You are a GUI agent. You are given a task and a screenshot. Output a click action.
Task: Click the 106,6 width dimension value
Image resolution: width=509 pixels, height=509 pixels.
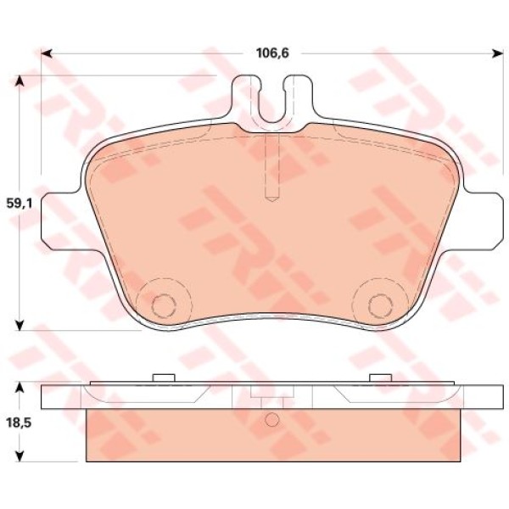tap(272, 53)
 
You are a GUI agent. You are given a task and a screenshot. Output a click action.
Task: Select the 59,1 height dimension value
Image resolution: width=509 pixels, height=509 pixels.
tap(20, 204)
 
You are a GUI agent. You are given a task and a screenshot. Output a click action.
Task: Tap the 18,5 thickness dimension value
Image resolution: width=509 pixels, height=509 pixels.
tap(20, 423)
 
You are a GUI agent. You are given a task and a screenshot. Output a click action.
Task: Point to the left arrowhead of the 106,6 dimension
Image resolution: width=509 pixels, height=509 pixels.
tap(47, 53)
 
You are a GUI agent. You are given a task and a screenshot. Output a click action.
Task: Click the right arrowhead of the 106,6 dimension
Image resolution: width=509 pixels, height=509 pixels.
tap(497, 53)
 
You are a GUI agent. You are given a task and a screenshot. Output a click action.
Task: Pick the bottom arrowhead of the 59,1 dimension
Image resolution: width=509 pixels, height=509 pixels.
tap(20, 325)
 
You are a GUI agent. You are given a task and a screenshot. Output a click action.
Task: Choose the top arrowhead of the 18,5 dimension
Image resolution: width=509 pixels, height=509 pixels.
tap(20, 388)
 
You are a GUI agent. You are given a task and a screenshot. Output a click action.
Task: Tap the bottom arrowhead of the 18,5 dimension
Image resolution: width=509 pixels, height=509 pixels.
tap(20, 456)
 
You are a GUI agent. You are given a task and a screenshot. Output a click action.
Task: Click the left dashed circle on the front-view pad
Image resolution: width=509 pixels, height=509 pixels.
tap(164, 305)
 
